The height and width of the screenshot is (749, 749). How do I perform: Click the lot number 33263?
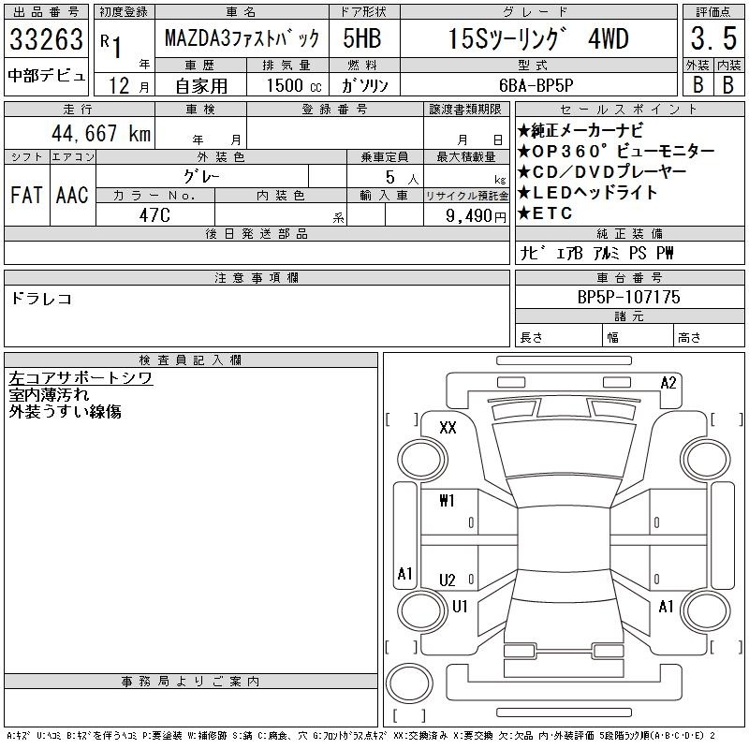[x=46, y=39]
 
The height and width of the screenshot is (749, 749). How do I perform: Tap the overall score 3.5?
[x=713, y=38]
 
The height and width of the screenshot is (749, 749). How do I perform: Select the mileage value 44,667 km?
[x=101, y=133]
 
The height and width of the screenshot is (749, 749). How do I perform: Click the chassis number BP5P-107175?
[x=628, y=297]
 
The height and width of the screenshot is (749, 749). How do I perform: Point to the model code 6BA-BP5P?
[x=536, y=85]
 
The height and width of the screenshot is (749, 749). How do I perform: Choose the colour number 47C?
[x=154, y=215]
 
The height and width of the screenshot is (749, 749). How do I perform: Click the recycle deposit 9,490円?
[x=476, y=216]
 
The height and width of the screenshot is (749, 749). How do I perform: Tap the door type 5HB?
[x=362, y=38]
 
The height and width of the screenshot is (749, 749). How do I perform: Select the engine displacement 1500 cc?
[x=294, y=85]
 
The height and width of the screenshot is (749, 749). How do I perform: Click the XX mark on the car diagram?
[x=448, y=427]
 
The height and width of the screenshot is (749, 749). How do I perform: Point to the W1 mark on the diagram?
[x=448, y=501]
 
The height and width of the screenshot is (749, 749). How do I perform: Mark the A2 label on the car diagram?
[x=668, y=383]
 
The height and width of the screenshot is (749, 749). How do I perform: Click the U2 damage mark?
[x=448, y=580]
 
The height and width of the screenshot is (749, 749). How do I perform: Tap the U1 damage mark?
[x=460, y=606]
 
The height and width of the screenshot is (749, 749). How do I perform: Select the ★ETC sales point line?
[x=545, y=213]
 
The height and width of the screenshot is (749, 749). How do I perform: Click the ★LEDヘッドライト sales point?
[x=588, y=193]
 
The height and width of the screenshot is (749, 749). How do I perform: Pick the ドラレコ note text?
[x=41, y=299]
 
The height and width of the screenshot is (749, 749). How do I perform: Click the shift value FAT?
[x=26, y=195]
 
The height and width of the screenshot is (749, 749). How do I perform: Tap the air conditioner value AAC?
[x=72, y=195]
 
